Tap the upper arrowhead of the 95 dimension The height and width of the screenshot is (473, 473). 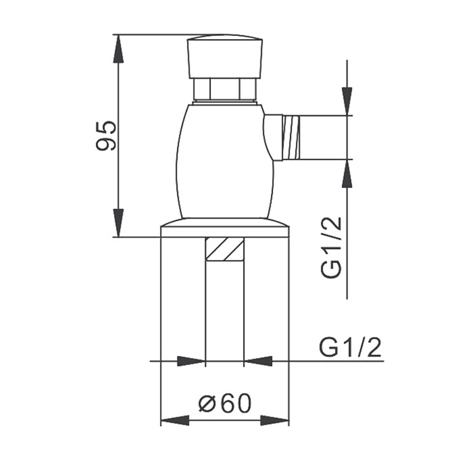click(x=119, y=47)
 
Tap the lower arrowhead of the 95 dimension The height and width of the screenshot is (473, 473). click(x=119, y=223)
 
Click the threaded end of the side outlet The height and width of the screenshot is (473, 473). click(x=290, y=138)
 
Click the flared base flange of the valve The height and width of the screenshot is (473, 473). click(x=224, y=228)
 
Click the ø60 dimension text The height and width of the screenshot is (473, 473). click(x=225, y=403)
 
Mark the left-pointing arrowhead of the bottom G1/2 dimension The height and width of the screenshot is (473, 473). click(x=257, y=362)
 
